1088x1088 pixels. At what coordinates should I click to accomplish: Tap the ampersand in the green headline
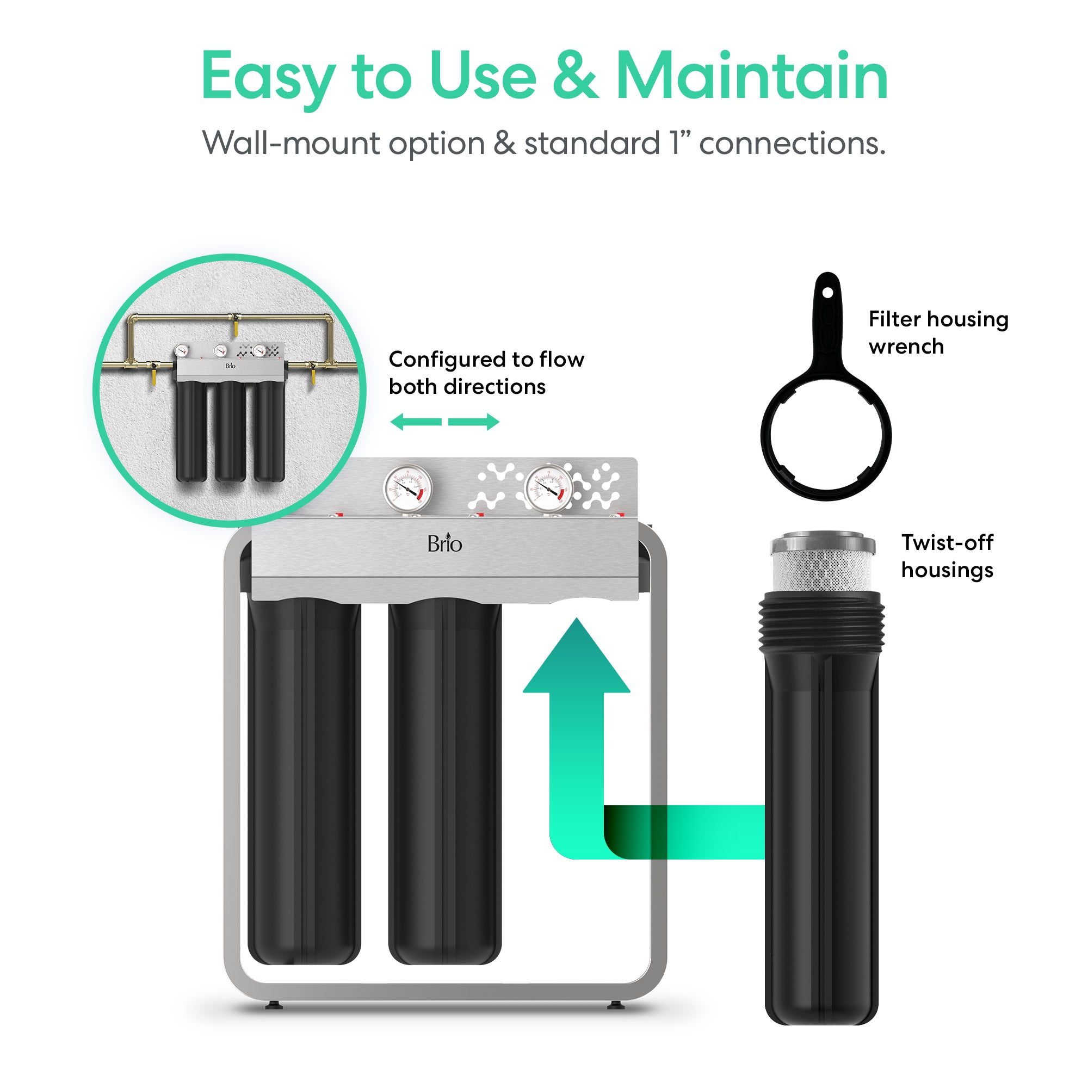[x=574, y=76]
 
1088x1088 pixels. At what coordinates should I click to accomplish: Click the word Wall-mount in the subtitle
[x=290, y=143]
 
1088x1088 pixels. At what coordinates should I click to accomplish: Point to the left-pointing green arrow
[x=416, y=422]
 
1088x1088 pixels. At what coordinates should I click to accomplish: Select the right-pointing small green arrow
[x=474, y=422]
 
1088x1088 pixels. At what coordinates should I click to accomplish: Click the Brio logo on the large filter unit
[x=444, y=543]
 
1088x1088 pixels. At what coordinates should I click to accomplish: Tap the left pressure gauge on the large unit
[x=407, y=489]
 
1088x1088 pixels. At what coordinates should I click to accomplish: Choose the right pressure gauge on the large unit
[x=548, y=489]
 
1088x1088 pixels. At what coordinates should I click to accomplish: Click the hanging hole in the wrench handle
[x=827, y=293]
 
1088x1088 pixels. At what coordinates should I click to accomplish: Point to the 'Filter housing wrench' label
[x=938, y=332]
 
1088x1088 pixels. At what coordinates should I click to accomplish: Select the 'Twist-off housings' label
[x=947, y=556]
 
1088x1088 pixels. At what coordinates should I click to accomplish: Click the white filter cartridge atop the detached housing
[x=822, y=561]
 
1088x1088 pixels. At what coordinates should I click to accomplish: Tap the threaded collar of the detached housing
[x=821, y=623]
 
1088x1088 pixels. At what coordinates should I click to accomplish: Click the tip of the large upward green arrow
[x=577, y=619]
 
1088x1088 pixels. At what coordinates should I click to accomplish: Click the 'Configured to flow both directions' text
[x=486, y=373]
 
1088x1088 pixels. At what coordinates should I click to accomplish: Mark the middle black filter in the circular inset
[x=230, y=431]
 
